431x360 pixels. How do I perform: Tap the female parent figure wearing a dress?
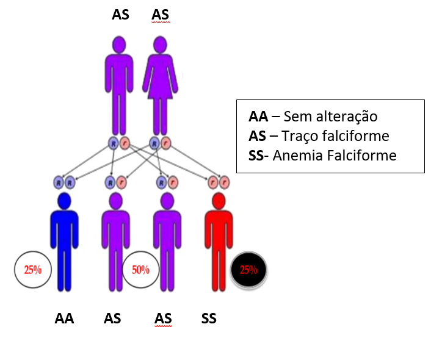159,85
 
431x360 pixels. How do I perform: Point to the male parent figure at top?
119,85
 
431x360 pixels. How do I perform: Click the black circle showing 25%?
248,270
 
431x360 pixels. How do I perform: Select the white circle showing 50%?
140,270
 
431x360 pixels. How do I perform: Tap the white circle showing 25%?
32,269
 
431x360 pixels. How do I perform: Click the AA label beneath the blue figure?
64,319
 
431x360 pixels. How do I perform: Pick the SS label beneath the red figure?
209,319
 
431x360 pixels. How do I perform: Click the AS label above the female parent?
160,15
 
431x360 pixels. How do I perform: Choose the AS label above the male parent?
120,15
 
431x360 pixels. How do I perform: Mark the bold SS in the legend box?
257,156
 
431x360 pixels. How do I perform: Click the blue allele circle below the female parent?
154,143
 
